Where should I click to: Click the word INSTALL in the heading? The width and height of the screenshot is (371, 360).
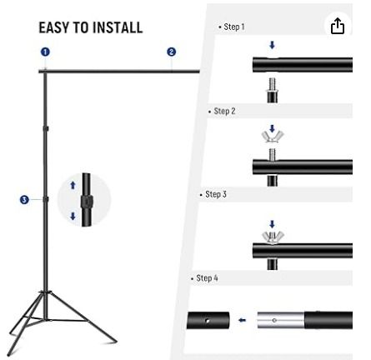pos(116,27)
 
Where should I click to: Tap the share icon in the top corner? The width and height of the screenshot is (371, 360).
pos(337,26)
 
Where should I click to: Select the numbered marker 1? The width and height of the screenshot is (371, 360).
pos(45,52)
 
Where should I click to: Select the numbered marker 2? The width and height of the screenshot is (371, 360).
pos(171,52)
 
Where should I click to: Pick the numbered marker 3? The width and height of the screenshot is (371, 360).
pos(24,199)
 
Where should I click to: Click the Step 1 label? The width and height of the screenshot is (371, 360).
pos(233,27)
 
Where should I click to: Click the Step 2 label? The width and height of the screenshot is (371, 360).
pos(223,111)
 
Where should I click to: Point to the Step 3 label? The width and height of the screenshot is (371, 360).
pos(214,194)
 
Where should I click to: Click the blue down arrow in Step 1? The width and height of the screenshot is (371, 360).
pos(272,46)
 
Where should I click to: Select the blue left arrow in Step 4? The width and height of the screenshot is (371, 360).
pos(243,320)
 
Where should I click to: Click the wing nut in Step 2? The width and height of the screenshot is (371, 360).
pos(272,136)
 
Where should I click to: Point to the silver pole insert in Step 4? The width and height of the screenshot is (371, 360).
pos(280,320)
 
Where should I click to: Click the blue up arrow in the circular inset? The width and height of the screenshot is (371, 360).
pos(73,186)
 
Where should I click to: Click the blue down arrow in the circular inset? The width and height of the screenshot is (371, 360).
pos(73,216)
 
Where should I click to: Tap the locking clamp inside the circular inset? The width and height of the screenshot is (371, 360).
pos(86,202)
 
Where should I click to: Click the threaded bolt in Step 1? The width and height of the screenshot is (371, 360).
pos(272,82)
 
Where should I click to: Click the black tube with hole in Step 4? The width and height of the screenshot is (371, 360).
pos(208,320)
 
